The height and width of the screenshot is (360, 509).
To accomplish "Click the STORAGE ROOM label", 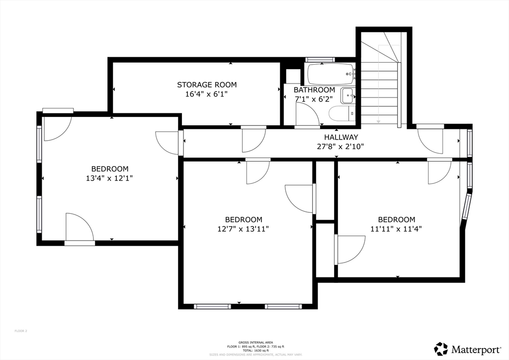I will click(207, 85).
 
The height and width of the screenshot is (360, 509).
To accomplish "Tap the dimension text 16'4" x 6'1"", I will click(207, 93).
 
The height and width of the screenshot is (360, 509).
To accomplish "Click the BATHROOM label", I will click(314, 90).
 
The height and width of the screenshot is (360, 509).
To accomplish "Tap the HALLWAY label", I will click(341, 137).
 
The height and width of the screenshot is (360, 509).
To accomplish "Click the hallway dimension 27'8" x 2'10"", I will click(341, 146).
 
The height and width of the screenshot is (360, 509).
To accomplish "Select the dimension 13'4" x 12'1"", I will click(109, 178).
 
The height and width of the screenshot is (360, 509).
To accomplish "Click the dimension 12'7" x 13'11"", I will click(244, 229).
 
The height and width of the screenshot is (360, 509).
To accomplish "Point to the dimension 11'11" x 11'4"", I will click(397, 229).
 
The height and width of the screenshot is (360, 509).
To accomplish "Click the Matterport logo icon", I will click(441, 349).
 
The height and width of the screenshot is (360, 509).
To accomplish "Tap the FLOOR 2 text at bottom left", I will click(21, 331).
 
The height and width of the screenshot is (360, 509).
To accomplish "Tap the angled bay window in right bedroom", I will click(466, 207).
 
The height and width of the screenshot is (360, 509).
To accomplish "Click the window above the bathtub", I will click(320, 60).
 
